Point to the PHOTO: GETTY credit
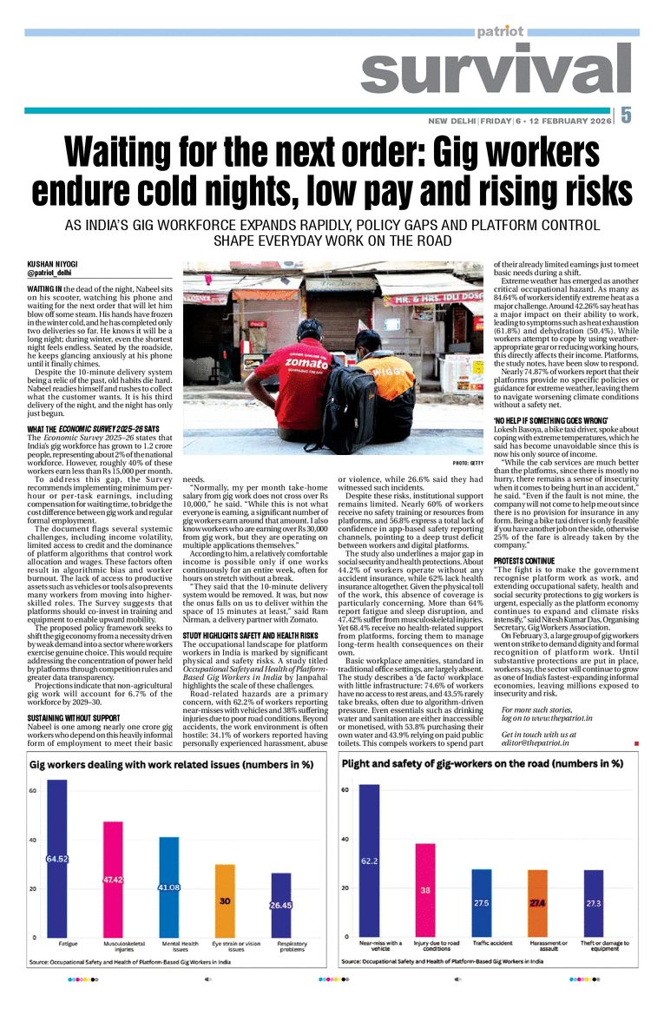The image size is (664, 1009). (x=468, y=464)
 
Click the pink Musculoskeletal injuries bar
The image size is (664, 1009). (x=113, y=879)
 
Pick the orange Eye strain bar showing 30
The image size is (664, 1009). (x=225, y=900)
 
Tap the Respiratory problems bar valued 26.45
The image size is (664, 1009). (x=280, y=905)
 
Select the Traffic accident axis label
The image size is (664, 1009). (x=482, y=943)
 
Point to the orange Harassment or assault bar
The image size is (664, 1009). (x=537, y=903)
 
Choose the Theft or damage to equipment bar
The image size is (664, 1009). (x=593, y=903)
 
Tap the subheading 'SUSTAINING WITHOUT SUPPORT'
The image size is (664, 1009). (x=73, y=718)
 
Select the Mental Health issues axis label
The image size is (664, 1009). (x=168, y=946)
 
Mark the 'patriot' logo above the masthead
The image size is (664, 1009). (x=500, y=31)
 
